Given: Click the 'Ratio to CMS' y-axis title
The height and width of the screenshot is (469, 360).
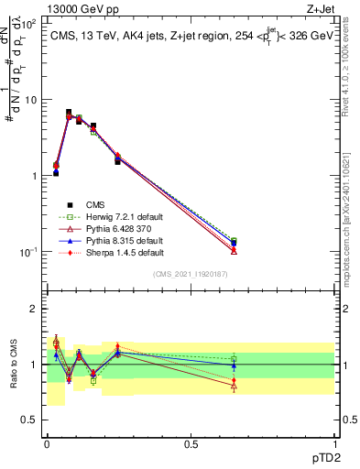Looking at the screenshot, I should coord(15,364).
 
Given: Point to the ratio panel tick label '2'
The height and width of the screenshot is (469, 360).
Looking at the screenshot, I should coord(36,309).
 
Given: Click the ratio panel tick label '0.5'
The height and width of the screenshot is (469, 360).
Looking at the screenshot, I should coord(31,420).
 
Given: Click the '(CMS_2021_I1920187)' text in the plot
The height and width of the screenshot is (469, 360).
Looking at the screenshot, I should coord(190,274).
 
